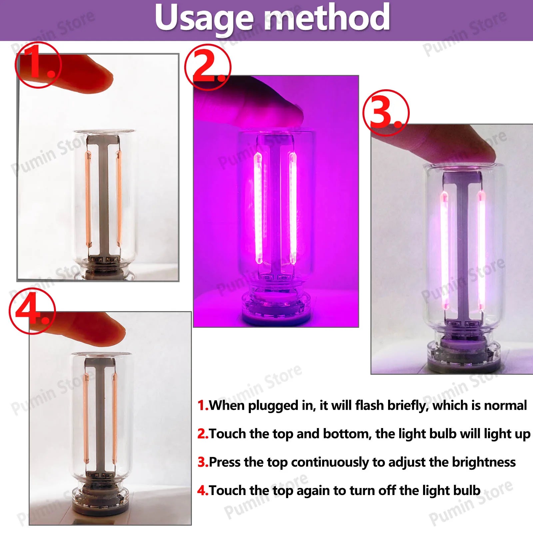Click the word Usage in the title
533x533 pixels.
tap(203, 18)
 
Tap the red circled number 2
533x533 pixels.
tap(208, 67)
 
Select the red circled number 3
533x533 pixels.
tap(386, 113)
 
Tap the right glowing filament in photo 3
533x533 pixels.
tap(481, 250)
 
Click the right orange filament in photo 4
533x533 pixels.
tap(114, 420)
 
